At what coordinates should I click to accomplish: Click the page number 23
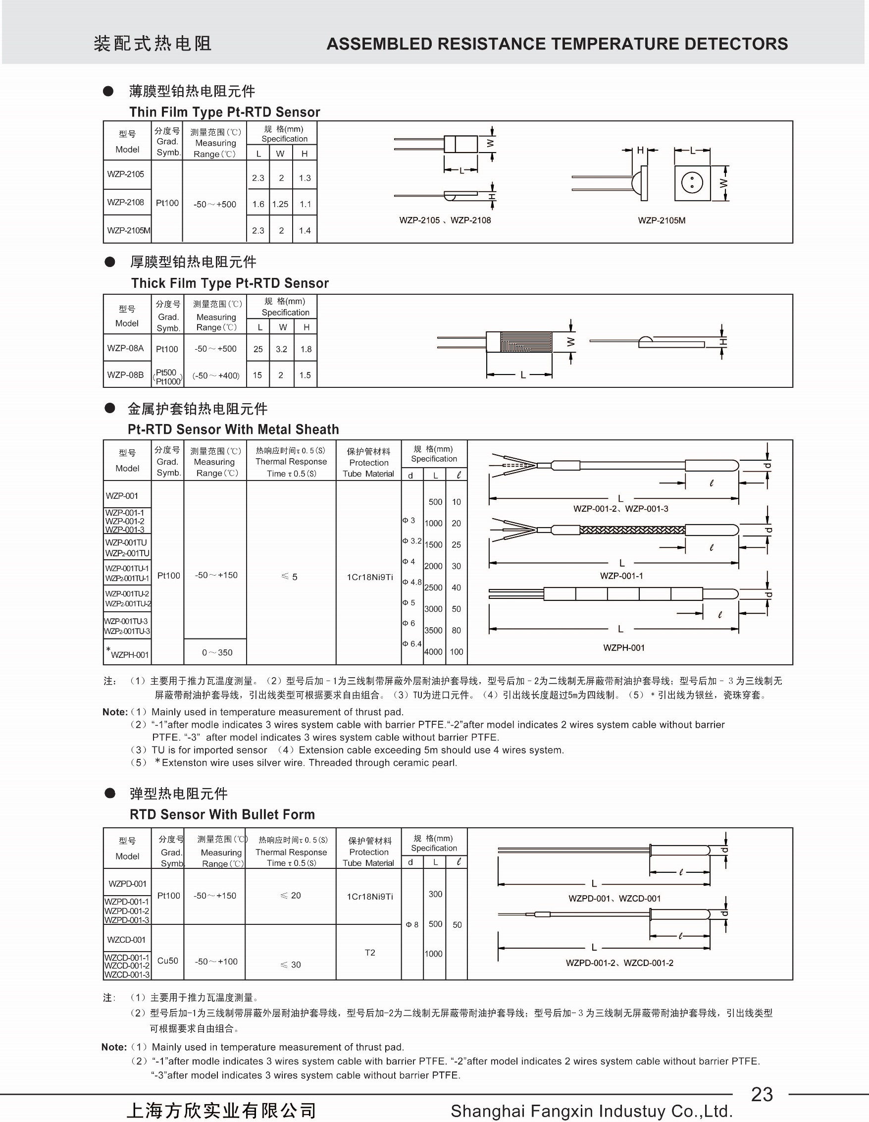coord(762,1094)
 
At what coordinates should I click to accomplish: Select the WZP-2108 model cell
coord(126,203)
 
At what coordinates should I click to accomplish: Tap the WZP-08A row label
coord(126,348)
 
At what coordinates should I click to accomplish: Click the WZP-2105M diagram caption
coord(662,220)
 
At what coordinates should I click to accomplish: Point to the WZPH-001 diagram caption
coord(623,648)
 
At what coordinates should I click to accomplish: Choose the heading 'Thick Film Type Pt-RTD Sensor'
coord(230,283)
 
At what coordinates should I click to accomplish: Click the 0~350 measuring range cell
coord(217,652)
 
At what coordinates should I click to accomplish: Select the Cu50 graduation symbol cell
coord(168,961)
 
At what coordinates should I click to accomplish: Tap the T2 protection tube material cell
coord(370,953)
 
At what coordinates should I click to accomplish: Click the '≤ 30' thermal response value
coord(291,965)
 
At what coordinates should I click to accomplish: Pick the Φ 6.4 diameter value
coord(412,643)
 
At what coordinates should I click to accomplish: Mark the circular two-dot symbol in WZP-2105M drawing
coord(692,182)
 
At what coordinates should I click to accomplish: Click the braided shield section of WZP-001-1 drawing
coord(632,530)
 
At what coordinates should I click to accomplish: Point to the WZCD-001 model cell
coord(126,940)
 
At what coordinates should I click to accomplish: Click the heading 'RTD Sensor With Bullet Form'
coord(222,814)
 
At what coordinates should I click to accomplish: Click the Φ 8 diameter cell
coord(412,925)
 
